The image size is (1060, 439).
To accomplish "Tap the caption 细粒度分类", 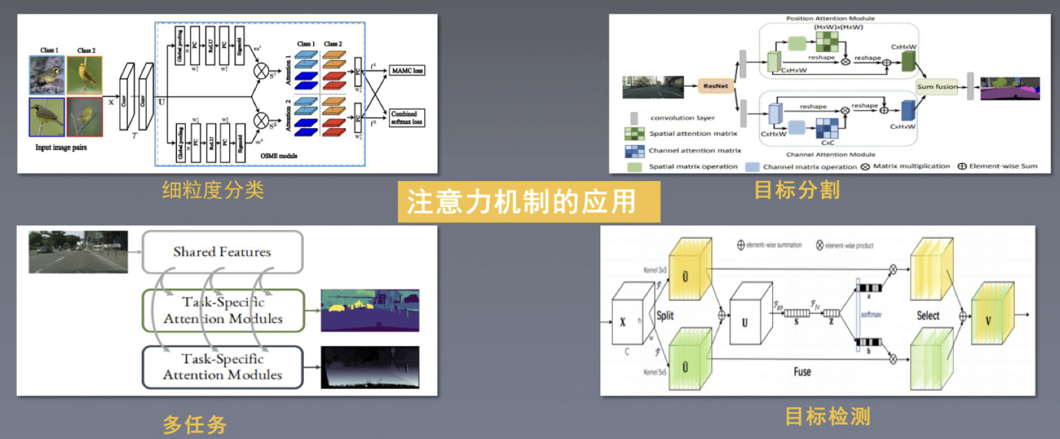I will pos(213,190).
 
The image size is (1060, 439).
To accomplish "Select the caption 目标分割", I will pos(797,190).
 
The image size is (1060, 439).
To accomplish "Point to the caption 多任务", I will pos(194,425).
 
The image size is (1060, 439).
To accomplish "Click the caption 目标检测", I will pos(828,416).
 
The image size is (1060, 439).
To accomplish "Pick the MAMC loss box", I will pos(407,71).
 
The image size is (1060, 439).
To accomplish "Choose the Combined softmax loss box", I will pos(407,118).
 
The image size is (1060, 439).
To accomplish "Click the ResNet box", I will pos(716,86).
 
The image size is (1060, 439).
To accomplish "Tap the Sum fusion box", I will pos(937,87).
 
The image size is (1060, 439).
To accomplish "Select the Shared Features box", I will pos(222,252).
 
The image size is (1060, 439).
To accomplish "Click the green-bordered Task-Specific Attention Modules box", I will pos(223,310).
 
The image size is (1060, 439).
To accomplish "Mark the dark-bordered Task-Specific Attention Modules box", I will pos(223,367).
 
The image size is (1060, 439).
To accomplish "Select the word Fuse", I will pos(802,372).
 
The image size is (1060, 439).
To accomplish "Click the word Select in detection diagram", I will pos(928,316).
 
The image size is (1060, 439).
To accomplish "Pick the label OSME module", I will pos(279,156).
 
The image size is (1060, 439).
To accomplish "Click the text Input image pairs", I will pos(61,147).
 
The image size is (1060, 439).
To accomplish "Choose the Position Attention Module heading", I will pos(830,19).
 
